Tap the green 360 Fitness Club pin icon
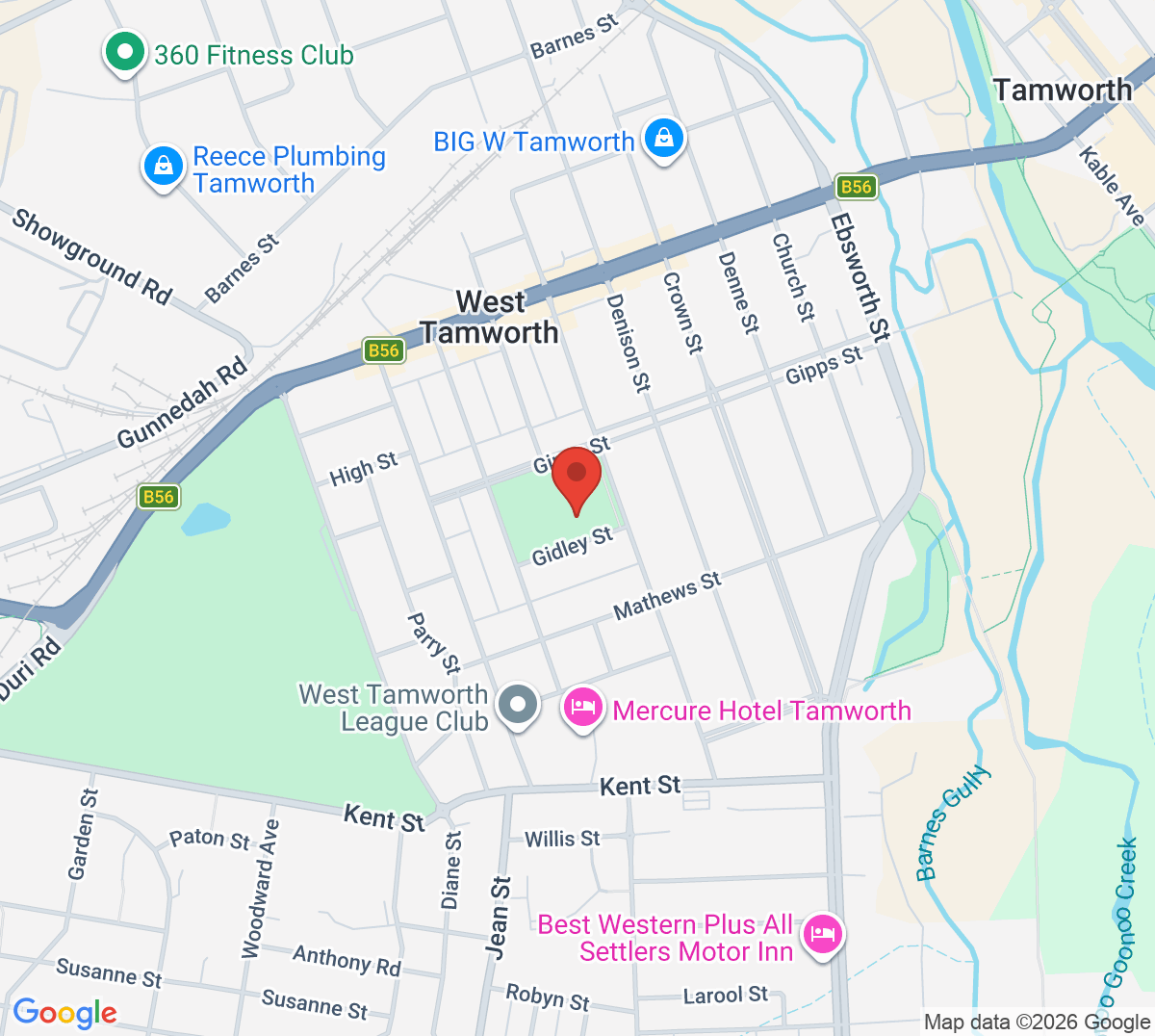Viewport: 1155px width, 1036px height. point(124,54)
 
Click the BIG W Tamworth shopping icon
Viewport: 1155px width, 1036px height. point(664,140)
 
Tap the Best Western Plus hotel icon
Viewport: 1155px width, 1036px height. point(823,934)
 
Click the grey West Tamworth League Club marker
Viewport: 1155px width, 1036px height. point(518,706)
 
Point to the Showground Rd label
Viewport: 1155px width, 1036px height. point(91,256)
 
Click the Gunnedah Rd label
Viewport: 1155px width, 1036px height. point(182,404)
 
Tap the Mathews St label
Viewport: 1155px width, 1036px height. point(667,596)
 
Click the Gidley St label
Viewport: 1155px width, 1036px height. point(572,545)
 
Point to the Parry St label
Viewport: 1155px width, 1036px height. point(434,642)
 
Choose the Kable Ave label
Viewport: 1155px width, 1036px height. point(1112,186)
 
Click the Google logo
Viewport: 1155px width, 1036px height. point(64,1013)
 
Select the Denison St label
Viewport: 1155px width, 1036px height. point(628,343)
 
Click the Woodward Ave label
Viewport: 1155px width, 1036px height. point(260,889)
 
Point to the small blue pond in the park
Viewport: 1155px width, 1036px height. point(205,519)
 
